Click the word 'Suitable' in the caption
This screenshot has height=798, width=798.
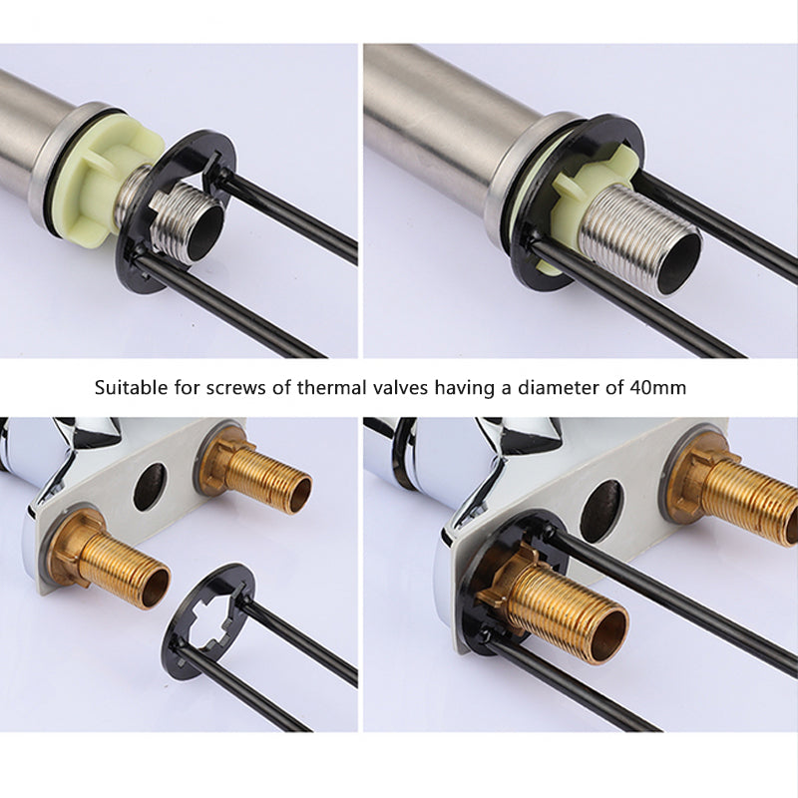(x=132, y=388)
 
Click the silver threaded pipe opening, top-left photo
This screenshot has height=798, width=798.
(x=205, y=232)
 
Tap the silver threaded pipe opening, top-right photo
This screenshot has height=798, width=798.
(x=680, y=263)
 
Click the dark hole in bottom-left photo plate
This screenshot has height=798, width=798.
(x=150, y=487)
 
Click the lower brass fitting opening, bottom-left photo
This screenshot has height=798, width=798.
(x=156, y=588)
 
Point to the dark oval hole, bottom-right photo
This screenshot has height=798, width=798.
(x=602, y=511)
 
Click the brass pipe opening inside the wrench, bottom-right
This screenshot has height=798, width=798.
(x=610, y=636)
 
